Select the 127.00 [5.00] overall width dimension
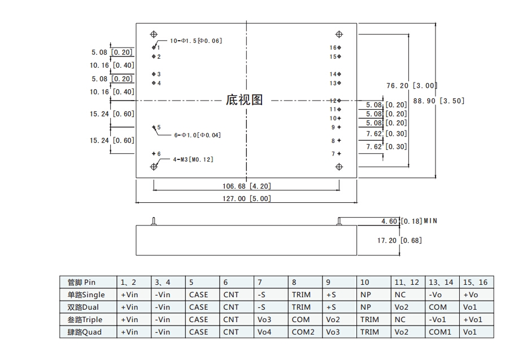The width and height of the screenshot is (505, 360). pyautogui.click(x=246, y=198)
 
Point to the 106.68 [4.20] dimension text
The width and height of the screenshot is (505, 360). pyautogui.click(x=246, y=185)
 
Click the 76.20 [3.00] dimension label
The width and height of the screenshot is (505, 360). pyautogui.click(x=412, y=85)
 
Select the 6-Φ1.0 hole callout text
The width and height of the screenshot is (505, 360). pyautogui.click(x=197, y=135)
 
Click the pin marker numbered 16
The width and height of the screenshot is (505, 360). pyautogui.click(x=339, y=47)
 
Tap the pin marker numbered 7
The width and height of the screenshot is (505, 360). pyautogui.click(x=339, y=154)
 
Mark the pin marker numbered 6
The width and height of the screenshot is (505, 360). pyautogui.click(x=154, y=154)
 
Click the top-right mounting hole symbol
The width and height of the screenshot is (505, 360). pyautogui.click(x=339, y=35)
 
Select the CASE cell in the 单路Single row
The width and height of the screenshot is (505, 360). pyautogui.click(x=198, y=294)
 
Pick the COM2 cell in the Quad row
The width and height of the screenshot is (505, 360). pyautogui.click(x=303, y=332)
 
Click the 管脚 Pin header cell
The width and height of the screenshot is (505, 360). pyautogui.click(x=81, y=282)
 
